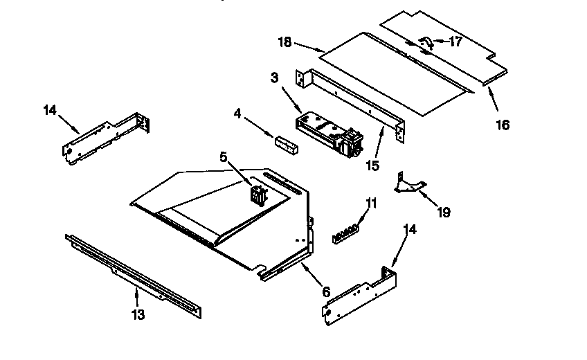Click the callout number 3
pos(274,78)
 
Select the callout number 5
pos(224,157)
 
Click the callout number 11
pos(372,204)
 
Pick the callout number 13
pos(138,315)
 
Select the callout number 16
pos(503,125)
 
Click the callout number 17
pos(455,41)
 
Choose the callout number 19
pos(444,213)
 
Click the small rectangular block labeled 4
pos(285,144)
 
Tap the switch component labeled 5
pos(258,191)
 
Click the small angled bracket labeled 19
pos(409,183)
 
